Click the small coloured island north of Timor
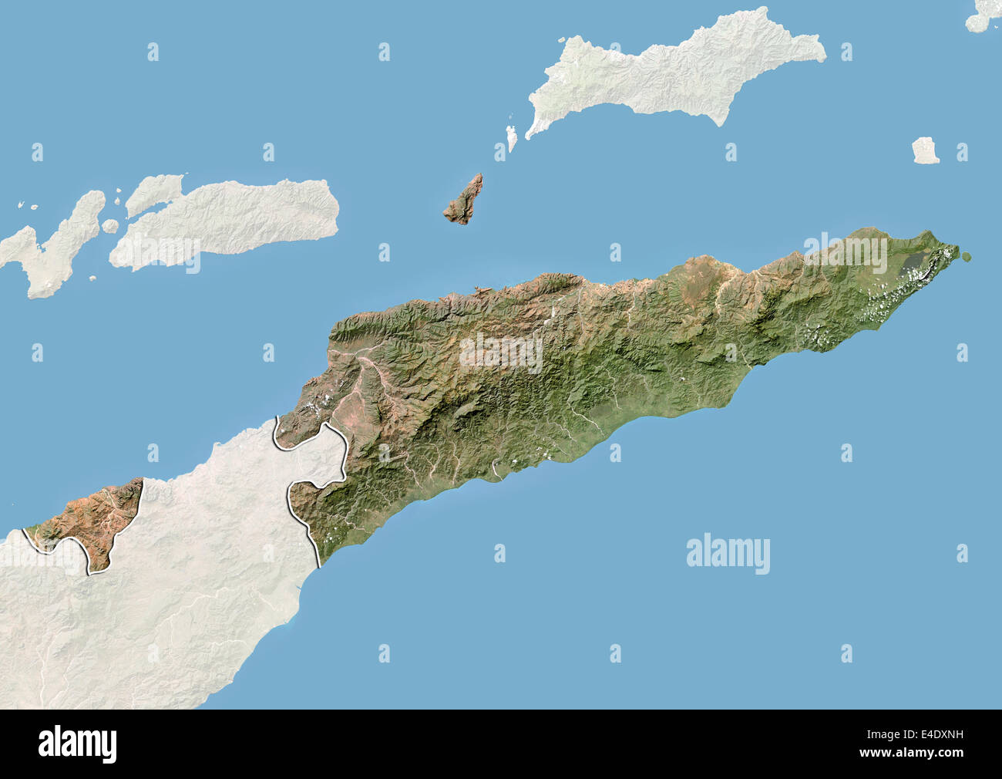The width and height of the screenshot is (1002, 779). pos(464,201)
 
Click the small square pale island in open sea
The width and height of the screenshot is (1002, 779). pos(925,150)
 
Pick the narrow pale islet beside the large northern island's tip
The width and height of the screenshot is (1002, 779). pos(510,139)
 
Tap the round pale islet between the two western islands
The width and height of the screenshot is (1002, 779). pos(111,226)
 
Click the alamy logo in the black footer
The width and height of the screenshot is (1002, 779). pos(78,744)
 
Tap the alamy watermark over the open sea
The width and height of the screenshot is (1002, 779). pos(728,554)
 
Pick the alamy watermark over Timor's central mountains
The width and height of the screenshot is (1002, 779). pos(501,352)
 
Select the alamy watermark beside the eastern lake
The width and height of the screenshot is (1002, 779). pos(846,253)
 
